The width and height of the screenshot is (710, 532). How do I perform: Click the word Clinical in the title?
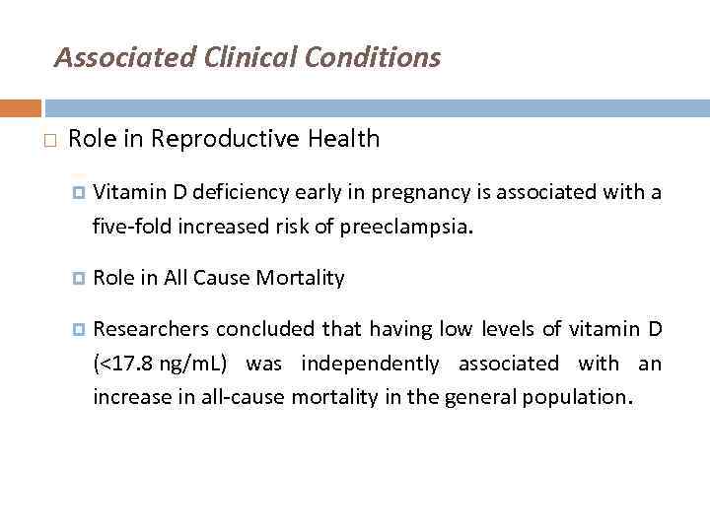tap(250, 58)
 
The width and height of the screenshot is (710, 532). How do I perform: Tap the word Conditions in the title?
tap(373, 58)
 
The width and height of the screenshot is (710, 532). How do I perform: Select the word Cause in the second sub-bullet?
tap(222, 278)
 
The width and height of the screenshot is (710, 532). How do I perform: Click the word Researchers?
tap(150, 328)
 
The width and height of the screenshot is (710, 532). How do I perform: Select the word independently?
tap(371, 364)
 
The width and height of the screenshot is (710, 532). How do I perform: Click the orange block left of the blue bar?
tap(20, 107)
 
